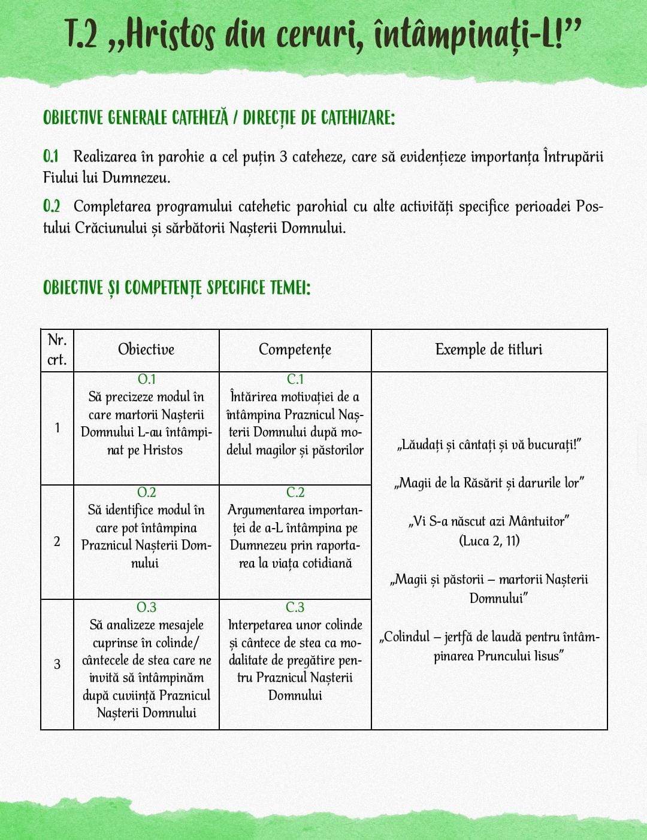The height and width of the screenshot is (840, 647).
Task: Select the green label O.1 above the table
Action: (x=51, y=157)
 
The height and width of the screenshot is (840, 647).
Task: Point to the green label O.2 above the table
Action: (x=52, y=207)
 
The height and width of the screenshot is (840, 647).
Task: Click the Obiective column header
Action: (x=146, y=350)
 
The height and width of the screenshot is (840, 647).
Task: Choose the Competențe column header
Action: (x=295, y=350)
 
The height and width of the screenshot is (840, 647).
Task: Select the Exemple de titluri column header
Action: (x=489, y=350)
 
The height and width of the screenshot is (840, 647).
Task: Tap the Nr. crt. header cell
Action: (x=57, y=350)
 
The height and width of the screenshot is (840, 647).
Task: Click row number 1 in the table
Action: (x=57, y=427)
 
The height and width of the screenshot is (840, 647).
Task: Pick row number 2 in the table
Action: (x=57, y=542)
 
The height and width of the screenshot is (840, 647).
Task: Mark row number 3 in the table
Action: (x=57, y=664)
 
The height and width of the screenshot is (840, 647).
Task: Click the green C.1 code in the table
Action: (x=295, y=379)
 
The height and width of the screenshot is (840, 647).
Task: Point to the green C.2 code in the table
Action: (x=295, y=492)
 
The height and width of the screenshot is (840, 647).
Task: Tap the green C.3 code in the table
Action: (x=295, y=607)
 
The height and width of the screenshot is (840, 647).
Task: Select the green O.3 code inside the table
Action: (x=146, y=607)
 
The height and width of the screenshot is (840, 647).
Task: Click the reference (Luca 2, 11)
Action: (x=489, y=541)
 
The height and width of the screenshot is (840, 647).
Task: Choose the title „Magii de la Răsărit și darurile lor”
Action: (x=489, y=483)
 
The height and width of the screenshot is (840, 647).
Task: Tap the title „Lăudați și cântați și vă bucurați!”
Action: (x=489, y=445)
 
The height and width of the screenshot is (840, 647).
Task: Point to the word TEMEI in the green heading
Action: (x=290, y=287)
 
